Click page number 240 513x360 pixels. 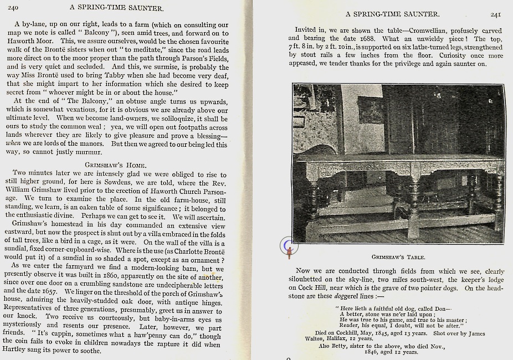coord(13,7)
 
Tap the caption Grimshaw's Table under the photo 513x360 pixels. coord(399,257)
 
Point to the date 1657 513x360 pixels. coord(47,291)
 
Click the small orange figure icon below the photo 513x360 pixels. coord(289,253)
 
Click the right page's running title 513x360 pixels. coord(392,14)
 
